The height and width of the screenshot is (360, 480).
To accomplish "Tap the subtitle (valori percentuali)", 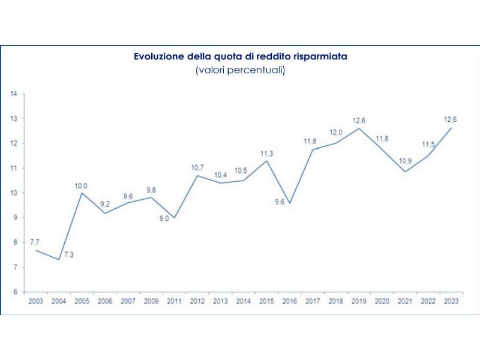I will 240,70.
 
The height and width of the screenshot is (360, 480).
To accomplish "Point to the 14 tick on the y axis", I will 13,94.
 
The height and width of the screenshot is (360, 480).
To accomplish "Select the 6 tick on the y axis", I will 13,292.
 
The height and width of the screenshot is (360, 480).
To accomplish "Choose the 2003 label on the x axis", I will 35,301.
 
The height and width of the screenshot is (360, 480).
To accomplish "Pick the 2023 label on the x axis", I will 450,301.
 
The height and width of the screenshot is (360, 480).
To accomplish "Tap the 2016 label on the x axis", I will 289,301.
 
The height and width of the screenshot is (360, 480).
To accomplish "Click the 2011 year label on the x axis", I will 174,301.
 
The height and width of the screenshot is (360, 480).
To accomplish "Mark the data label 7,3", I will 69,255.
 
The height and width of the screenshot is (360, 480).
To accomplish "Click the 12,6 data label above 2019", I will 359,121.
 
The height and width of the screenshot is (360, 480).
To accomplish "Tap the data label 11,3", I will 266,154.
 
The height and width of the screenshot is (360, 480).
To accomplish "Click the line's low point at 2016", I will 289,203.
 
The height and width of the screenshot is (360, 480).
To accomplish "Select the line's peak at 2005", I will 82,193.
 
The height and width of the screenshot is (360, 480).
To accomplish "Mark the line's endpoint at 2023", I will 451,128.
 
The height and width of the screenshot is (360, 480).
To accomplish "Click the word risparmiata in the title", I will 321,56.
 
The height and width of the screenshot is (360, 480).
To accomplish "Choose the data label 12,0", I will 335,133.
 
